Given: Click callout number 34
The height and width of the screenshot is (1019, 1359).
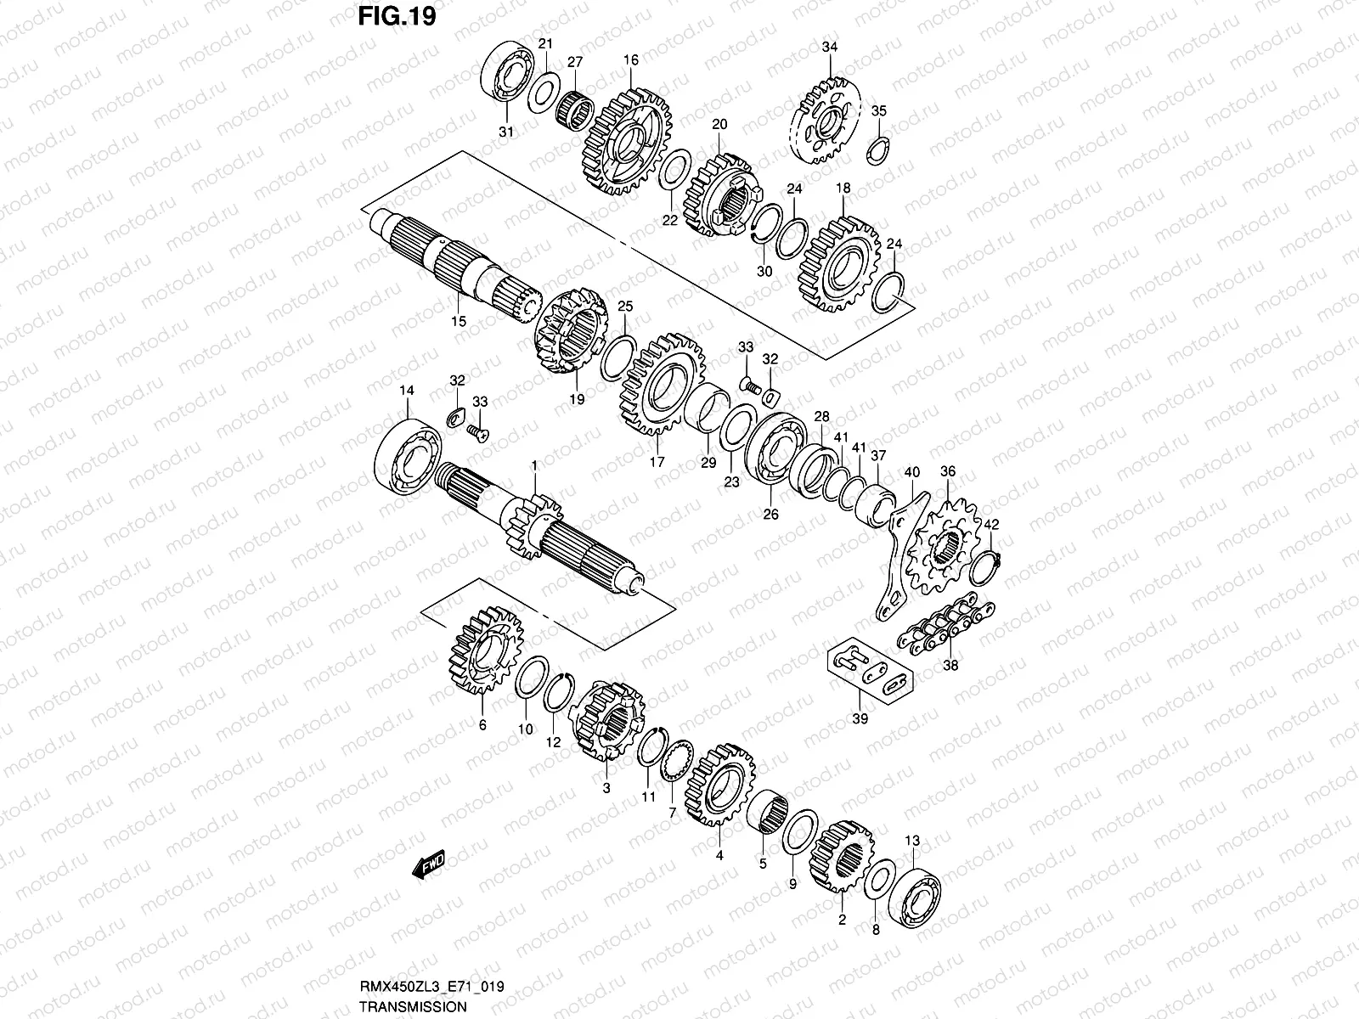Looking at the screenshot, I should pyautogui.click(x=829, y=48).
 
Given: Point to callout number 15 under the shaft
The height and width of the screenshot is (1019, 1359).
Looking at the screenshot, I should pyautogui.click(x=459, y=322).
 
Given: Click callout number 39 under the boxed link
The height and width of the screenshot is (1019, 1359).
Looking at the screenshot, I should pyautogui.click(x=860, y=719).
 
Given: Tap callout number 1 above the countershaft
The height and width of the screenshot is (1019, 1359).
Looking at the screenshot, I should pyautogui.click(x=534, y=465).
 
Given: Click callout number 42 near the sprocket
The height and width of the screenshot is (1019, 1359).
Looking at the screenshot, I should pyautogui.click(x=991, y=525).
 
